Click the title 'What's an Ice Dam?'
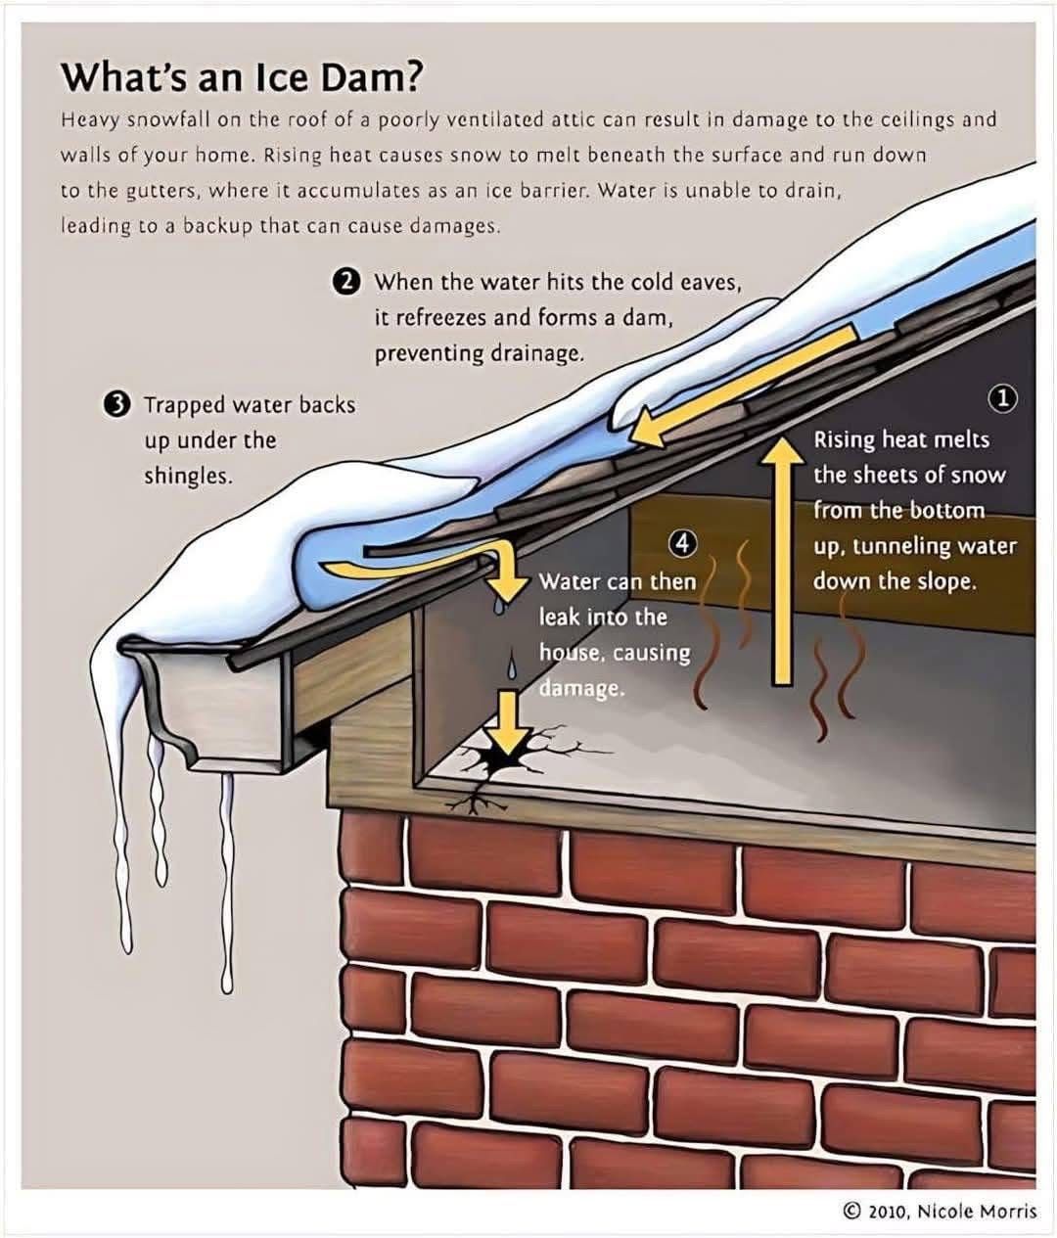(x=242, y=77)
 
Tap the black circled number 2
(x=346, y=282)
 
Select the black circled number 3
(x=116, y=405)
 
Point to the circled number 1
(x=1004, y=399)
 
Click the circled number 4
(x=682, y=543)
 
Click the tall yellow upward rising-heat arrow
(x=783, y=561)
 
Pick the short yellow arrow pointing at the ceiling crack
(x=508, y=722)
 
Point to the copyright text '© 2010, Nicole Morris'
(x=939, y=1211)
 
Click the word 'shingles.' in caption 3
(x=188, y=477)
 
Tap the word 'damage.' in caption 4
(x=581, y=688)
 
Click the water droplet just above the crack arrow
(x=512, y=666)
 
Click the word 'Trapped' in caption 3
(x=184, y=405)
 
